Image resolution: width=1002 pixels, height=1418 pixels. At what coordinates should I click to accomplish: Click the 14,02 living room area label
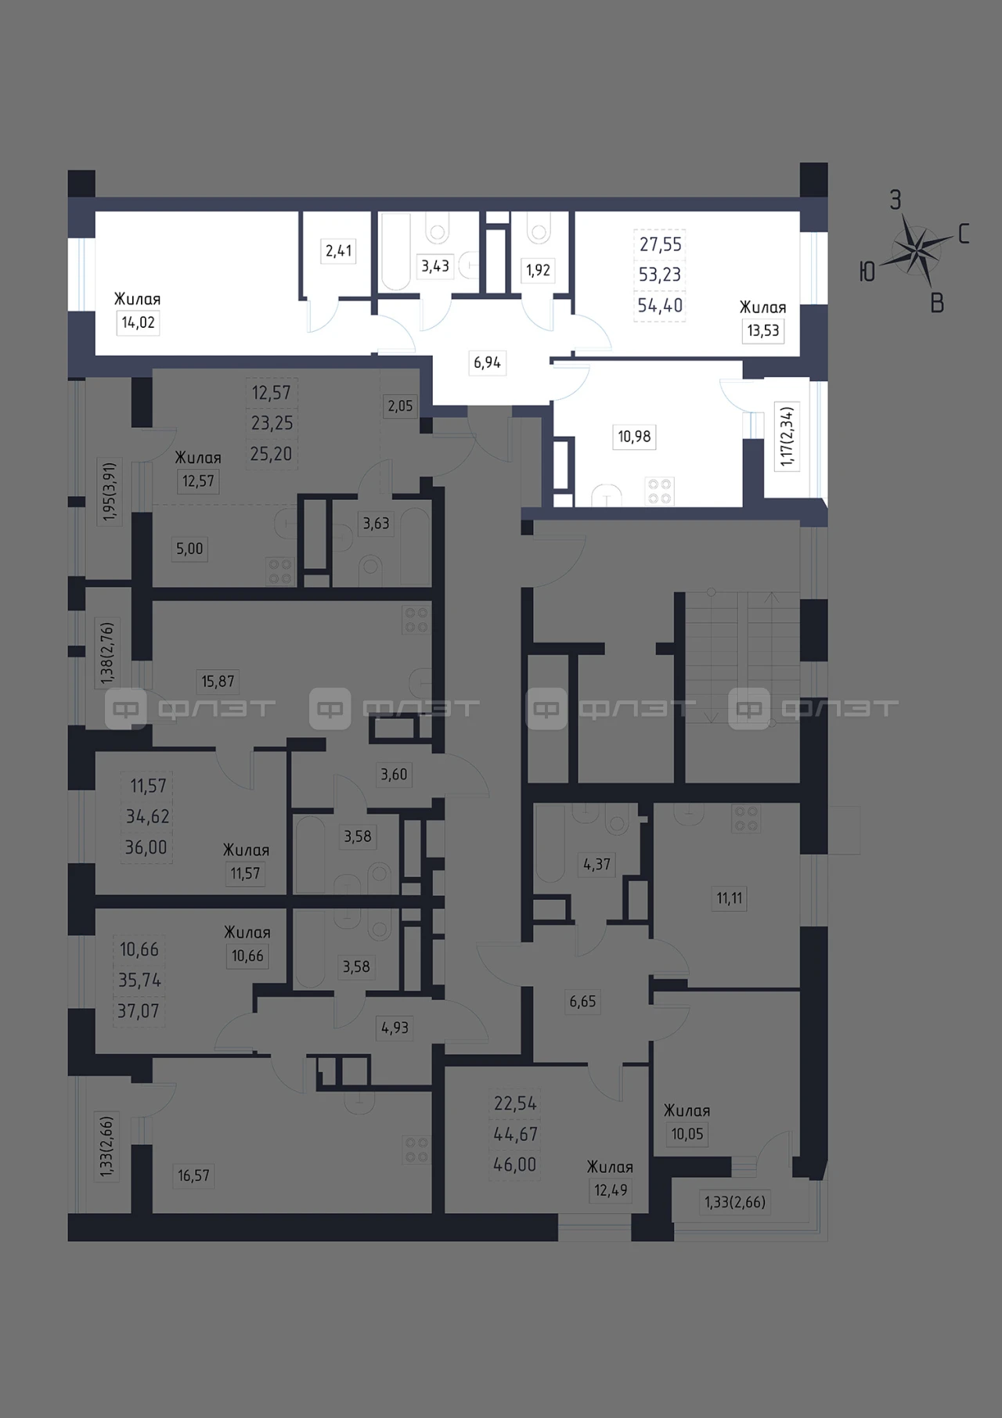[138, 322]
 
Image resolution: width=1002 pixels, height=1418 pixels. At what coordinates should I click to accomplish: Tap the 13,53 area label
[763, 330]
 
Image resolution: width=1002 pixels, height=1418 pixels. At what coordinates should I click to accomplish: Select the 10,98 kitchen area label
[634, 436]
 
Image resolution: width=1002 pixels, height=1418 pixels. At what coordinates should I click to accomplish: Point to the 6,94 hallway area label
[487, 362]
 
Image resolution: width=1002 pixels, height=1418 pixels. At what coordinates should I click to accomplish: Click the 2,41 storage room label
[339, 251]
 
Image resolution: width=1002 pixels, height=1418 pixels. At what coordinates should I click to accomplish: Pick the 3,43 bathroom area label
[435, 266]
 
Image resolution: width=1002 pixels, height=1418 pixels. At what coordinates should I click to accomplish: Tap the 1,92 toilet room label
[539, 270]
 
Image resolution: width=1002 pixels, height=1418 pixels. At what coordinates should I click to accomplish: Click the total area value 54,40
[660, 305]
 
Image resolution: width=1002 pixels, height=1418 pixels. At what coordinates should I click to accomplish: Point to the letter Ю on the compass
[867, 272]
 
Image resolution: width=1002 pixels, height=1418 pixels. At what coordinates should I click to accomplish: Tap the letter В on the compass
[937, 304]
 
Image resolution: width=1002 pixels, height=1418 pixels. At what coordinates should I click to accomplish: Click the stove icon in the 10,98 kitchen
[659, 491]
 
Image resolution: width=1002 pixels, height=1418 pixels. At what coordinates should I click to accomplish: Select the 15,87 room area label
[218, 682]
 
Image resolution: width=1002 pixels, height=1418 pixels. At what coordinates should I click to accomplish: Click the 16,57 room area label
[193, 1175]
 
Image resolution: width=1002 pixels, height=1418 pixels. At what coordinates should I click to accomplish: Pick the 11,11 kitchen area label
[730, 898]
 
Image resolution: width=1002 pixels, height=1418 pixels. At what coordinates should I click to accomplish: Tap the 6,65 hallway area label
[582, 1002]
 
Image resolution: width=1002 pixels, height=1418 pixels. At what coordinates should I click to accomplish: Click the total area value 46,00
[515, 1164]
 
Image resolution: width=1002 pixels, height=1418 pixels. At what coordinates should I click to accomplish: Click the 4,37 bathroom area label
[597, 865]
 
